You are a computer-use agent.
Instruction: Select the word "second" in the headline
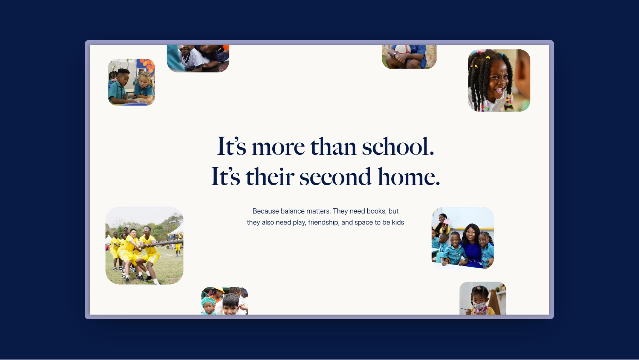pos(335,176)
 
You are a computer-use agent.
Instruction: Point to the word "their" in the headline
pos(270,176)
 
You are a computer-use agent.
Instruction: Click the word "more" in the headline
pos(278,148)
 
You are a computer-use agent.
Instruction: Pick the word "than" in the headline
pos(333,146)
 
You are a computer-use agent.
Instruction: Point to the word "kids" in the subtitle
pos(398,222)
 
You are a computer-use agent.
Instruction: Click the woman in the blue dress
pos(471,245)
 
